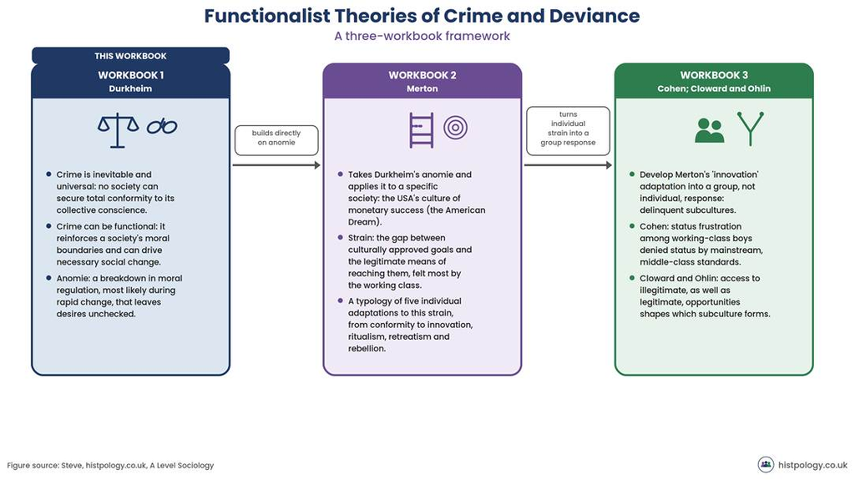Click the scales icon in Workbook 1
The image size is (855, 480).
pyautogui.click(x=118, y=131)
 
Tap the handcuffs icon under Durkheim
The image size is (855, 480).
pyautogui.click(x=162, y=127)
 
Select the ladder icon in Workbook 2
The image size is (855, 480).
pyautogui.click(x=422, y=130)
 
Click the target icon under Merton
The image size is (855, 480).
pyautogui.click(x=455, y=129)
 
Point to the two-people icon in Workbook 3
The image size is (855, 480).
pyautogui.click(x=710, y=131)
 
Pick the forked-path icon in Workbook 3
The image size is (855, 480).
pyautogui.click(x=751, y=129)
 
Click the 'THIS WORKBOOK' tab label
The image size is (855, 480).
pyautogui.click(x=130, y=56)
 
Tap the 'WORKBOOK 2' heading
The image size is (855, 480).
pyautogui.click(x=422, y=75)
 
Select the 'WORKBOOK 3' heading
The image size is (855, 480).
pyautogui.click(x=714, y=75)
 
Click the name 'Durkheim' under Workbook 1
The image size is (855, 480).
pyautogui.click(x=130, y=88)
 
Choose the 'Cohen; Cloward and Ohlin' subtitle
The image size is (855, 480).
pyautogui.click(x=714, y=88)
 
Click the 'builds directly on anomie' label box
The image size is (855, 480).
pyautogui.click(x=276, y=140)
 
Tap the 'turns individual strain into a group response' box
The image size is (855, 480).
pyautogui.click(x=568, y=131)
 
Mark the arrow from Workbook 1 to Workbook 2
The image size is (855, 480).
pyautogui.click(x=276, y=164)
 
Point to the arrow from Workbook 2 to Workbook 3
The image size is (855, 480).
pyautogui.click(x=568, y=164)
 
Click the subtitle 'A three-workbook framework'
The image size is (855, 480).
pyautogui.click(x=422, y=36)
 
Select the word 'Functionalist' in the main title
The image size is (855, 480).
pyautogui.click(x=267, y=15)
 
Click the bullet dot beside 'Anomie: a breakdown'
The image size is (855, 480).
pyautogui.click(x=48, y=278)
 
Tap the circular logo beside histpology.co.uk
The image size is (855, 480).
pyautogui.click(x=766, y=464)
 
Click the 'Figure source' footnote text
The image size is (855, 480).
pyautogui.click(x=110, y=465)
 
